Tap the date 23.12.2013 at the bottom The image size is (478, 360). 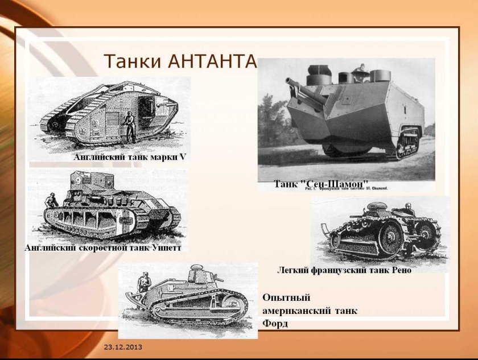(123, 347)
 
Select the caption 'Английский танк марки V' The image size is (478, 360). (130, 157)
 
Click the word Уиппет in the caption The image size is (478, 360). (167, 248)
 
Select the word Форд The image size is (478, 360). (275, 324)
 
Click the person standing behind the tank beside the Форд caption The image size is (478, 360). (143, 282)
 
